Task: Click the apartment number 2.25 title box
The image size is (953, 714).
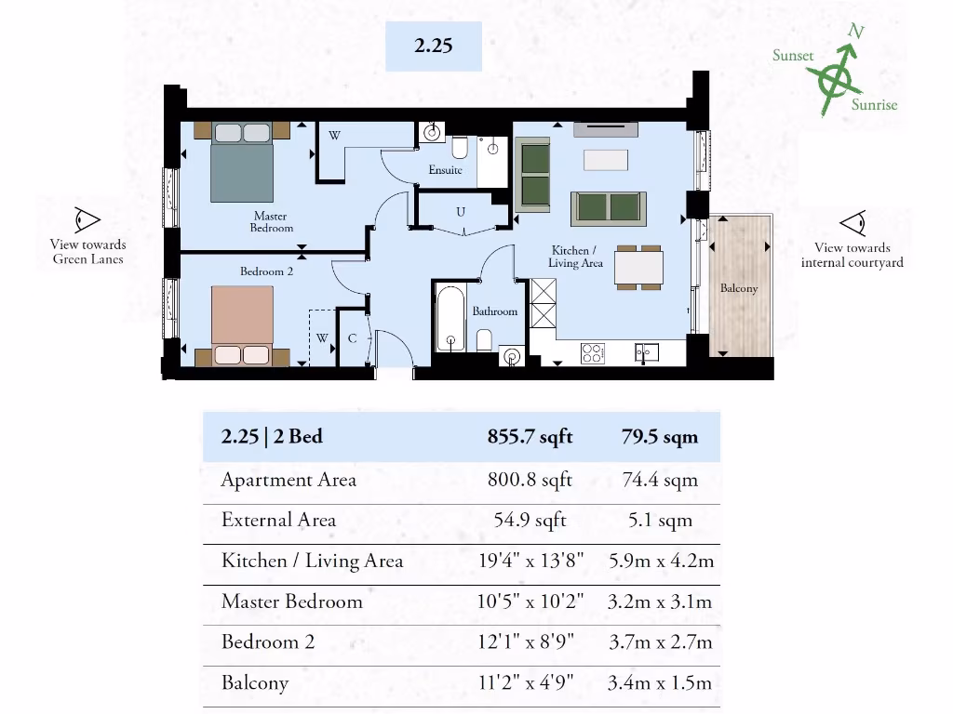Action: (434, 46)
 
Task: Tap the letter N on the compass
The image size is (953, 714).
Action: (856, 32)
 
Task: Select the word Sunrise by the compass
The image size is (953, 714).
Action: (874, 104)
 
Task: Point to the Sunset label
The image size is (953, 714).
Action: (792, 56)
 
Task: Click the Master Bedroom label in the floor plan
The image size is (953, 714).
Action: (271, 222)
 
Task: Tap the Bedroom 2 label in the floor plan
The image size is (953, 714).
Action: (266, 271)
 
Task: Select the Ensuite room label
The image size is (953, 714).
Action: (445, 170)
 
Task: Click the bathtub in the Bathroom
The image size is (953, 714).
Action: (450, 320)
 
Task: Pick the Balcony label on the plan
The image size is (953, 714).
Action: (739, 288)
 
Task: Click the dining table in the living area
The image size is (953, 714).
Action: (638, 268)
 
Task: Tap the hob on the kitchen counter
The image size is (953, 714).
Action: (593, 352)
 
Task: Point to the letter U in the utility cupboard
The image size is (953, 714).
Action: (460, 212)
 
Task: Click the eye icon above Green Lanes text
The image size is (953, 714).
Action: (87, 220)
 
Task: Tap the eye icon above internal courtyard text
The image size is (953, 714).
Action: (852, 223)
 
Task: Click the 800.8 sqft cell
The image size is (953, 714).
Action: (530, 480)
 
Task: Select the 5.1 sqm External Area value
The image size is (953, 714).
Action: (660, 520)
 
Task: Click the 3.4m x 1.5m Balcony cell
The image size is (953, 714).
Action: (659, 682)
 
